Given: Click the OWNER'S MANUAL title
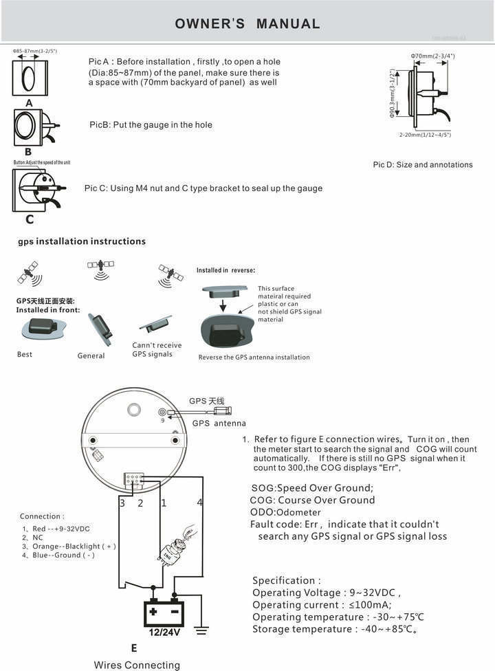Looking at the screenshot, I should click(x=247, y=24).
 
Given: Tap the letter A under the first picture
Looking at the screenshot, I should click(x=29, y=102).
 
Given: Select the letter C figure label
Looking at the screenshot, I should click(x=30, y=220).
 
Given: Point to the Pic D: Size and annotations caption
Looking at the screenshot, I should click(x=423, y=165).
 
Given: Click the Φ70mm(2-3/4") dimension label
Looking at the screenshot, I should click(x=432, y=56).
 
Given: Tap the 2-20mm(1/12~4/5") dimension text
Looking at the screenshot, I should click(x=425, y=135).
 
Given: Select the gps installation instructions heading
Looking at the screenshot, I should click(x=81, y=241).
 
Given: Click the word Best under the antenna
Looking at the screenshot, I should click(x=25, y=355).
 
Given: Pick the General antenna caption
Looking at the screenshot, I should click(x=91, y=356).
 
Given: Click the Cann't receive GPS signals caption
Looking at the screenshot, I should click(x=157, y=350).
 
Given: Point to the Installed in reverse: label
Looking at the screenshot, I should click(x=225, y=270).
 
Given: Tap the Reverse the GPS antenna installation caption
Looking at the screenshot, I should click(x=254, y=357).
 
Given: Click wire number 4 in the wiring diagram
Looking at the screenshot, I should click(x=200, y=503).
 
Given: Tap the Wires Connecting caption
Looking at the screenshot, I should click(x=137, y=665).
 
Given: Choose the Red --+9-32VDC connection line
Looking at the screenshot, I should click(x=56, y=529).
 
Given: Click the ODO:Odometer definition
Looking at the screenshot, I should click(x=286, y=512).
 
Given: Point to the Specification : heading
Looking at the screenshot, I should click(x=287, y=581).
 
